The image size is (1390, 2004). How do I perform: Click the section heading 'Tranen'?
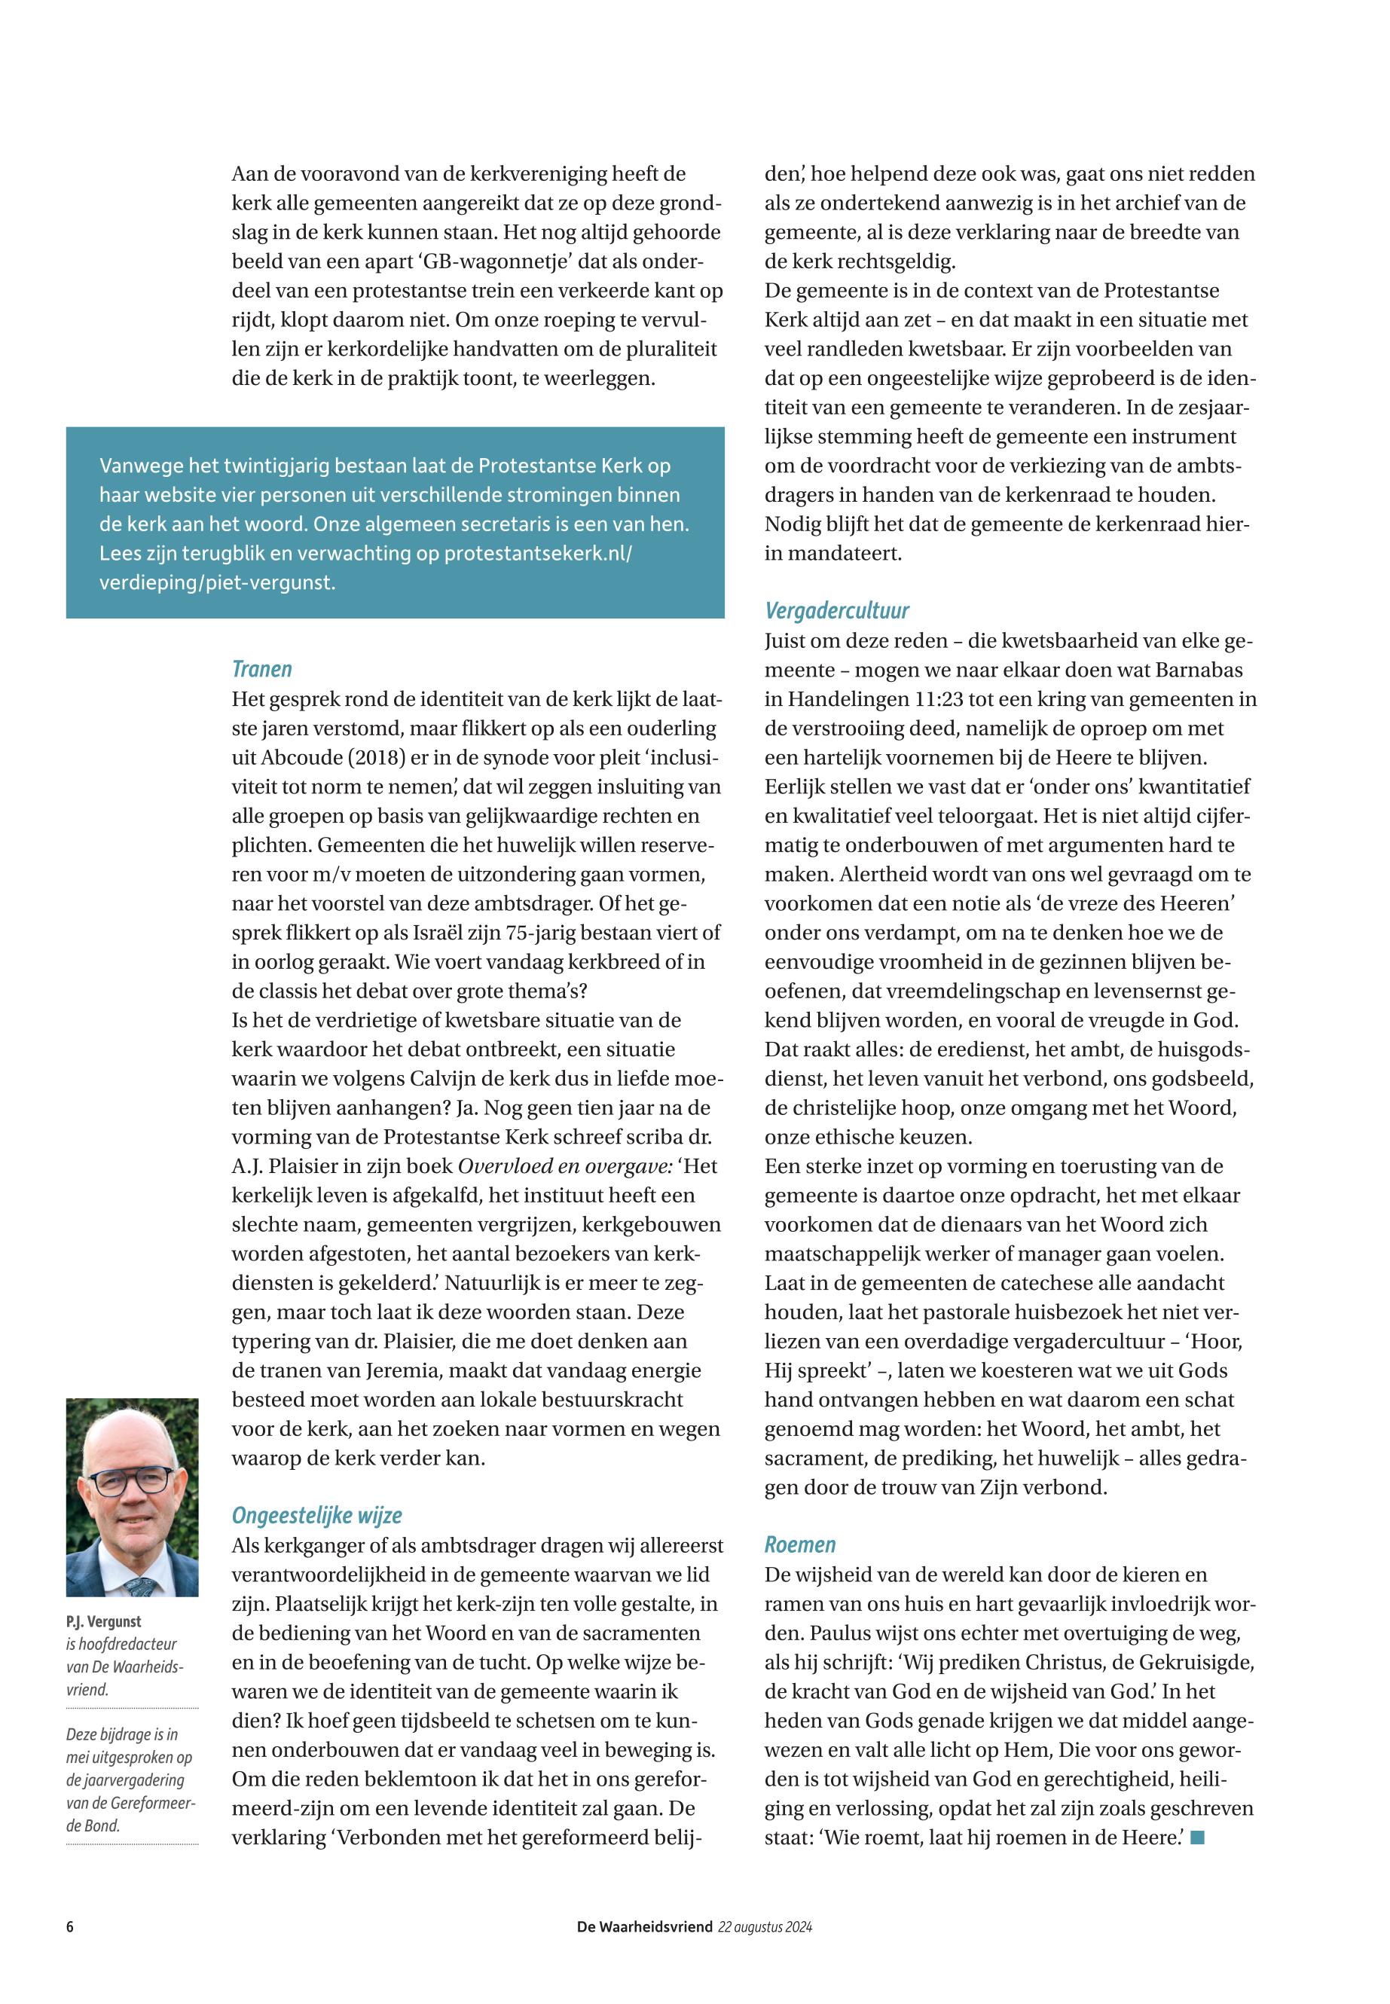(261, 669)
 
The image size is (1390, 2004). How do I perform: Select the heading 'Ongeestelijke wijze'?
(316, 1514)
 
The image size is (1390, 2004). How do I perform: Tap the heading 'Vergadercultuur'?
(836, 609)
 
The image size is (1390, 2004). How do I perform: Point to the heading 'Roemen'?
(799, 1544)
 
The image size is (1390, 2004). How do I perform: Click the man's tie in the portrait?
(140, 1584)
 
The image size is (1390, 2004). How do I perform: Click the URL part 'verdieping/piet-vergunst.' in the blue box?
(217, 582)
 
